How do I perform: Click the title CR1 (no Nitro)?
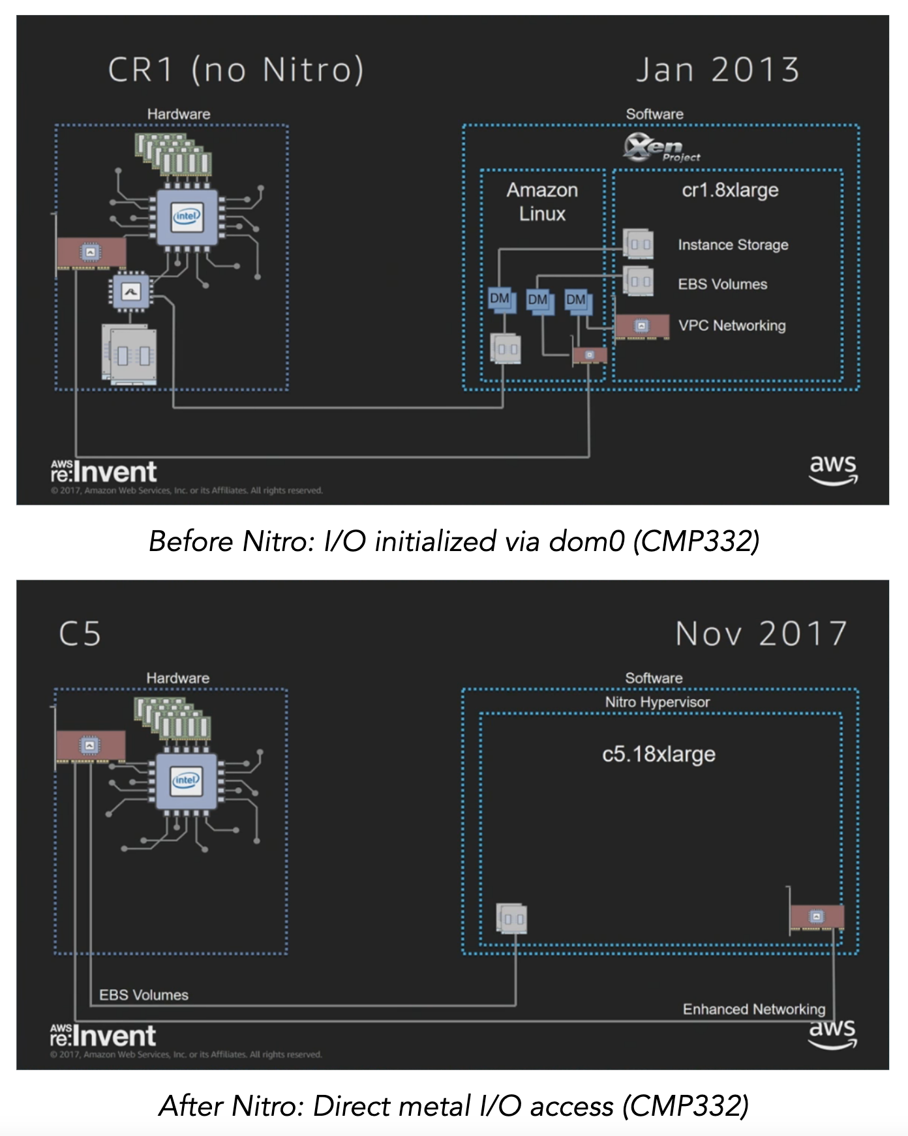235,69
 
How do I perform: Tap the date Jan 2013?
718,69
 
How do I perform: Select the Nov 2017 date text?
761,633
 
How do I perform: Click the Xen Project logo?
660,148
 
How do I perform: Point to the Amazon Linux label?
542,202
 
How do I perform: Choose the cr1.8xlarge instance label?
730,190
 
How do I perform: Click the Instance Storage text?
733,245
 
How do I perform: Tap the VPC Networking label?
731,325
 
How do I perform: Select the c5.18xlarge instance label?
658,754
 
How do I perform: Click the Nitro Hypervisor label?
657,702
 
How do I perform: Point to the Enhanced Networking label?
753,1009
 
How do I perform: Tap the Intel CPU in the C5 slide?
187,781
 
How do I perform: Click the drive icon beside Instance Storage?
638,244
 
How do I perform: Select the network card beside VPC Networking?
642,326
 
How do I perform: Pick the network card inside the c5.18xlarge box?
816,917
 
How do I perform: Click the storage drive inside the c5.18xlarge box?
512,918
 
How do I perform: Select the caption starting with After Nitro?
453,1105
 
